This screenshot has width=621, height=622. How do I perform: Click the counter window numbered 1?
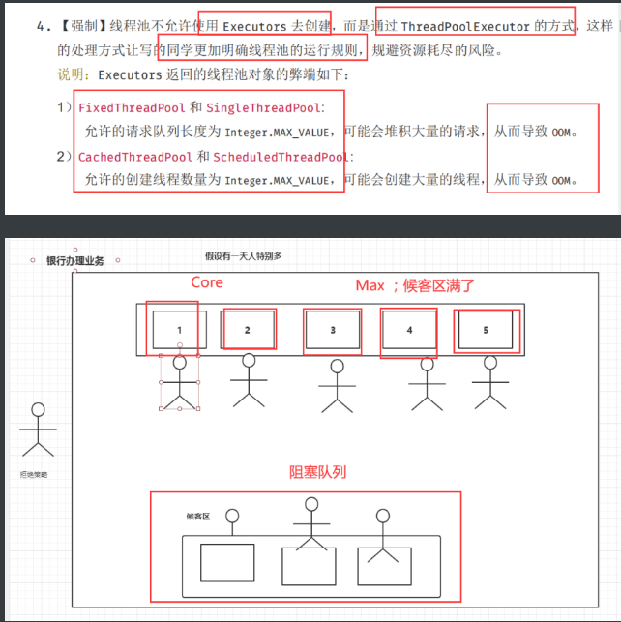coord(179,330)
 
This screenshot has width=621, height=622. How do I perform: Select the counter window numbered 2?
coord(247,330)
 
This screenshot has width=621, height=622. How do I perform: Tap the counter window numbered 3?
coord(333,330)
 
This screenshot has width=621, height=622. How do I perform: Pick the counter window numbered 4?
coord(409,330)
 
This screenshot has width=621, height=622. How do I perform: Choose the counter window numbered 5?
coord(486,330)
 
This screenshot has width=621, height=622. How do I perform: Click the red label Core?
coord(206,282)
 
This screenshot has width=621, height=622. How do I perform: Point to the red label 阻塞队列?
coord(317,473)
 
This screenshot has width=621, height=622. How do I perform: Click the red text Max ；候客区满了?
coord(415,285)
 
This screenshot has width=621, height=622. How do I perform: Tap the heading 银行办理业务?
coord(75,261)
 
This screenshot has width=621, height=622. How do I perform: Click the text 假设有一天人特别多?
coord(243,255)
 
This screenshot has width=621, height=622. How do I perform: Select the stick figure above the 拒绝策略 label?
coord(38,428)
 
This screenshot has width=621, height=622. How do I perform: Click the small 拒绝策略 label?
coord(33,475)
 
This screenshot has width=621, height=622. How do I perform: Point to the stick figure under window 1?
coord(180,382)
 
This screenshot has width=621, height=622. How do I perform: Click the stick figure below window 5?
coord(492,384)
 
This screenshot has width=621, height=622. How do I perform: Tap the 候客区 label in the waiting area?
coord(197,517)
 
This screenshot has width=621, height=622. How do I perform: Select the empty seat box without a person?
coord(225,562)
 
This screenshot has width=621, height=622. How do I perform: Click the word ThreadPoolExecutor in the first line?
coord(463,26)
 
